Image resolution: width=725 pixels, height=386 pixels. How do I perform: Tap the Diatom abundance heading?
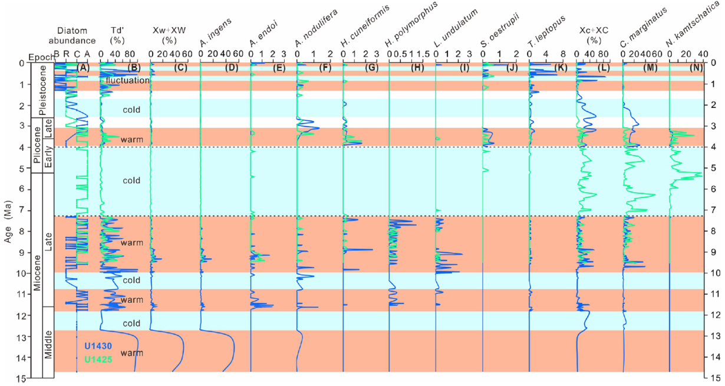[x=76, y=35]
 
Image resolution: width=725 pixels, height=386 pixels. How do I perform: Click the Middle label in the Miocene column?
[x=48, y=342]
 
